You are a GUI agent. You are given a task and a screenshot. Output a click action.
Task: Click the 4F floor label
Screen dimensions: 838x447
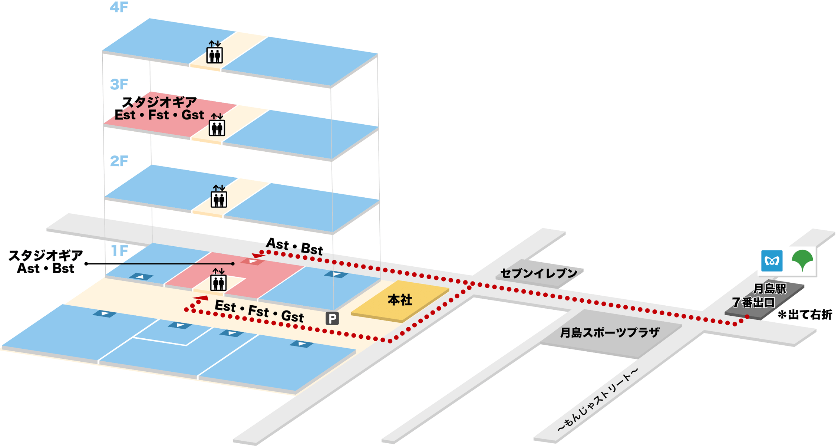119,7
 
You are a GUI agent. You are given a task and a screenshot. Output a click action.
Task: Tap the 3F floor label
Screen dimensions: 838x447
119,85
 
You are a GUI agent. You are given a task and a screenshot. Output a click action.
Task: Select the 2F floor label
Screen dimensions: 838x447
119,161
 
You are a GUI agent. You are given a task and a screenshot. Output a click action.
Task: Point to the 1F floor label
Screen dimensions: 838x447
120,251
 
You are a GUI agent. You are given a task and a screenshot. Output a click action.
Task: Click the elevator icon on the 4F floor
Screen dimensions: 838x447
214,52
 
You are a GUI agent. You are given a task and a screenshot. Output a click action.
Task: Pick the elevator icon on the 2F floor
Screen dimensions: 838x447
219,196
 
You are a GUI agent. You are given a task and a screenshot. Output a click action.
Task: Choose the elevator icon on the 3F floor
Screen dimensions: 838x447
217,125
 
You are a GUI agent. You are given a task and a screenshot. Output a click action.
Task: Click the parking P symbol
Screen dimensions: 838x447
332,318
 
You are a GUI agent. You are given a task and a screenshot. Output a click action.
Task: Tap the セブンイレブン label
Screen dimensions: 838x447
539,274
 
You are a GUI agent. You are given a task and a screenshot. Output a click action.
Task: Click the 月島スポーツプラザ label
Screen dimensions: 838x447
610,333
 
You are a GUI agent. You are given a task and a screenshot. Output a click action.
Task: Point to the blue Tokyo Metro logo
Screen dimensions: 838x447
772,261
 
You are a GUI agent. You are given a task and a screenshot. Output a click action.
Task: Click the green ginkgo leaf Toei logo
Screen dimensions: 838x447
802,260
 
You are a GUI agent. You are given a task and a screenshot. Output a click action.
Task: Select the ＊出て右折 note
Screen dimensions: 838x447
805,315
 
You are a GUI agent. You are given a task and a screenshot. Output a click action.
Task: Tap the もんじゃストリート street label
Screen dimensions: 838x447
598,400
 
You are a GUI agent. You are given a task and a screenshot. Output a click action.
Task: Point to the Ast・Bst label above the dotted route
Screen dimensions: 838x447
295,246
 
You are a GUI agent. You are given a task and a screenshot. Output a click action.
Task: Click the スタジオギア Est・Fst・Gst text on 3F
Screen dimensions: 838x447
159,109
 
